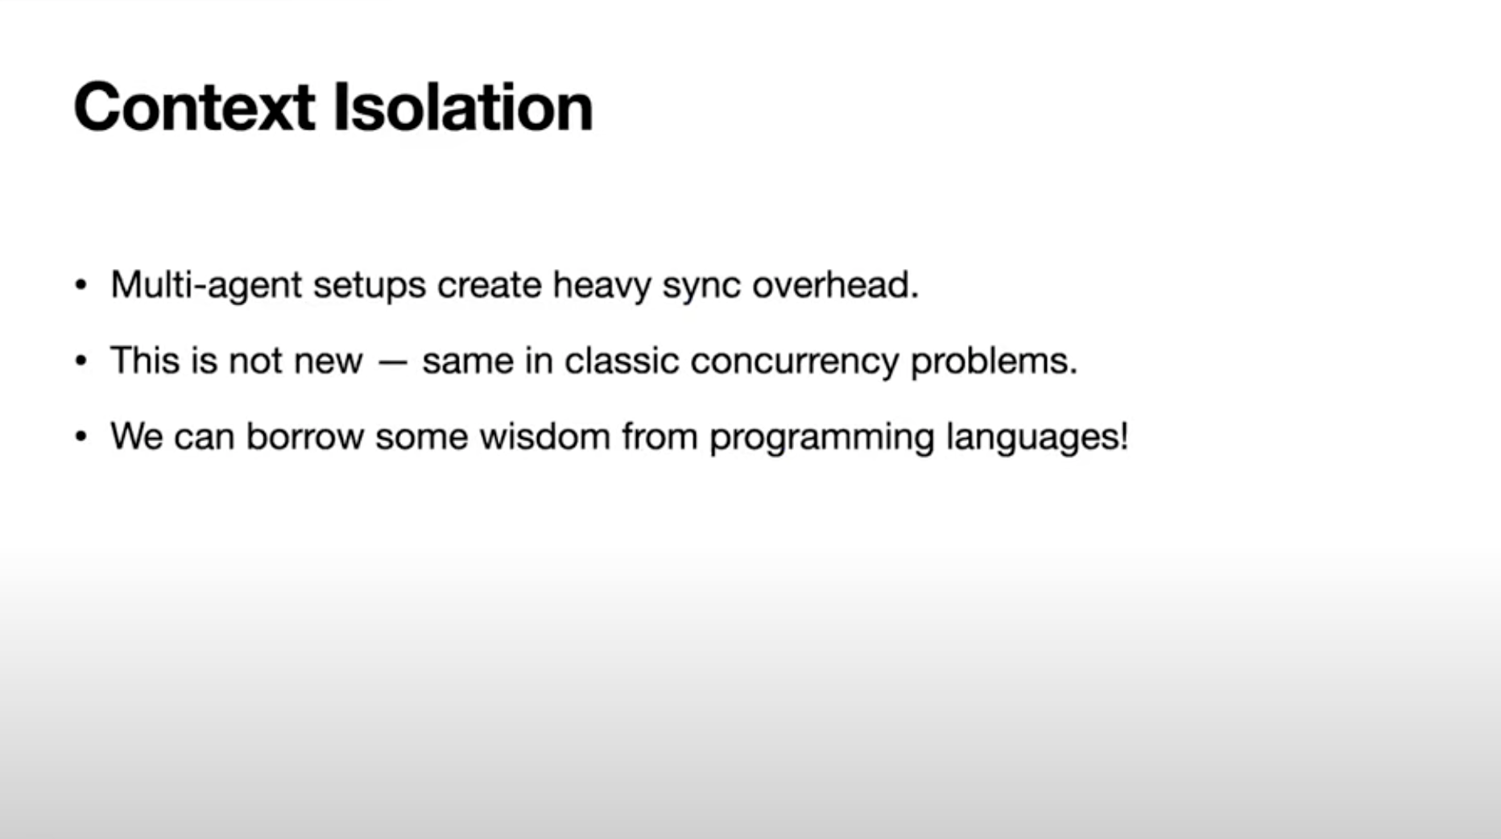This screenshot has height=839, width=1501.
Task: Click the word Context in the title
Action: (194, 107)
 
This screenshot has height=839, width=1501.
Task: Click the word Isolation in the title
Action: (463, 106)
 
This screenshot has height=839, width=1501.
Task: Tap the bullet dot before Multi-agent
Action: (81, 285)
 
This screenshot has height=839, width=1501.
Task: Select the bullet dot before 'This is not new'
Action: (81, 361)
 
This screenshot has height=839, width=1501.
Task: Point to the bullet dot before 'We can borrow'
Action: (81, 437)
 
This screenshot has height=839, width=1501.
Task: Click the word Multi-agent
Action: (206, 285)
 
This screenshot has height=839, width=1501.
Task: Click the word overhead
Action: (835, 285)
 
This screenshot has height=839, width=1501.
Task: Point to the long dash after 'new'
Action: (392, 363)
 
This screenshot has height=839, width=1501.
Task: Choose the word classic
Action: (622, 361)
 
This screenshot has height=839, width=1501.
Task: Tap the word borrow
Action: (305, 436)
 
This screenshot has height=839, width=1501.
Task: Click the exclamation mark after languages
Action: (1123, 436)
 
